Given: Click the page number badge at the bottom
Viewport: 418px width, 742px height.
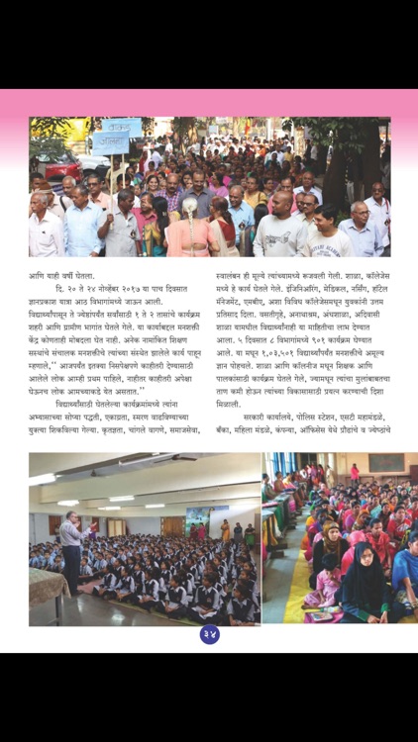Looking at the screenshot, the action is point(209,634).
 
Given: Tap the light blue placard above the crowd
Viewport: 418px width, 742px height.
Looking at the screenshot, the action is point(119,129).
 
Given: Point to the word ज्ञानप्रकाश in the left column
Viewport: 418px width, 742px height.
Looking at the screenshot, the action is point(47,307).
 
